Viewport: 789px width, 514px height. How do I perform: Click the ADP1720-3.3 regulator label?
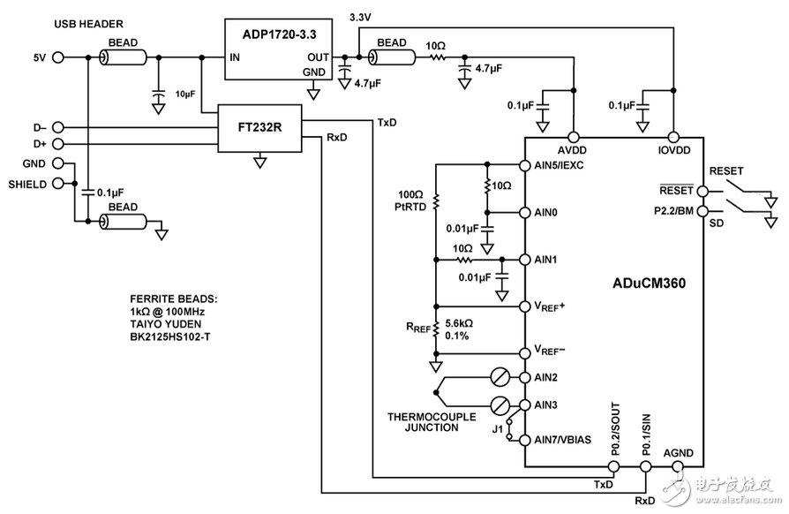point(279,34)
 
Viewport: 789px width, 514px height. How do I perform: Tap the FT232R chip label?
point(259,127)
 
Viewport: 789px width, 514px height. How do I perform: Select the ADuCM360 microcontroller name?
point(649,283)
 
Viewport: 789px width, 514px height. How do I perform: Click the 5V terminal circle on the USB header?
point(58,57)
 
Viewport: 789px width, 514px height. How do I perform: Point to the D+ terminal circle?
point(58,144)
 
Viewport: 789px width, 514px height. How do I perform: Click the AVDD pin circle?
point(573,137)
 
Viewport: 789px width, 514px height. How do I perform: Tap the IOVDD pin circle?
point(673,137)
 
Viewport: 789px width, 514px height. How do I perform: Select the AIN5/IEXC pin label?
point(559,165)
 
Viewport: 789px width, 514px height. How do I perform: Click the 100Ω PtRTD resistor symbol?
point(436,201)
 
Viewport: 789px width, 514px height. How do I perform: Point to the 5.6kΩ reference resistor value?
point(459,323)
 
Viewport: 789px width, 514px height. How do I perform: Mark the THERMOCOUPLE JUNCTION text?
point(432,422)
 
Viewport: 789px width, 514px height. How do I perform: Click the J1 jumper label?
point(497,429)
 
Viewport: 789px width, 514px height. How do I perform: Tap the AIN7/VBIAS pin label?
point(562,440)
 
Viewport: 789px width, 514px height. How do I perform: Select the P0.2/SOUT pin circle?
point(614,466)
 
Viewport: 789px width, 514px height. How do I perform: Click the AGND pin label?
point(679,453)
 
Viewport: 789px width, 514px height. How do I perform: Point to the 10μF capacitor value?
point(185,94)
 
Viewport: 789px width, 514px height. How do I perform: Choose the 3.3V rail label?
point(360,17)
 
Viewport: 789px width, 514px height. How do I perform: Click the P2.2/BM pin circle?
point(703,211)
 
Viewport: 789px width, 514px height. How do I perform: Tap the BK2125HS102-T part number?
point(170,336)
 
